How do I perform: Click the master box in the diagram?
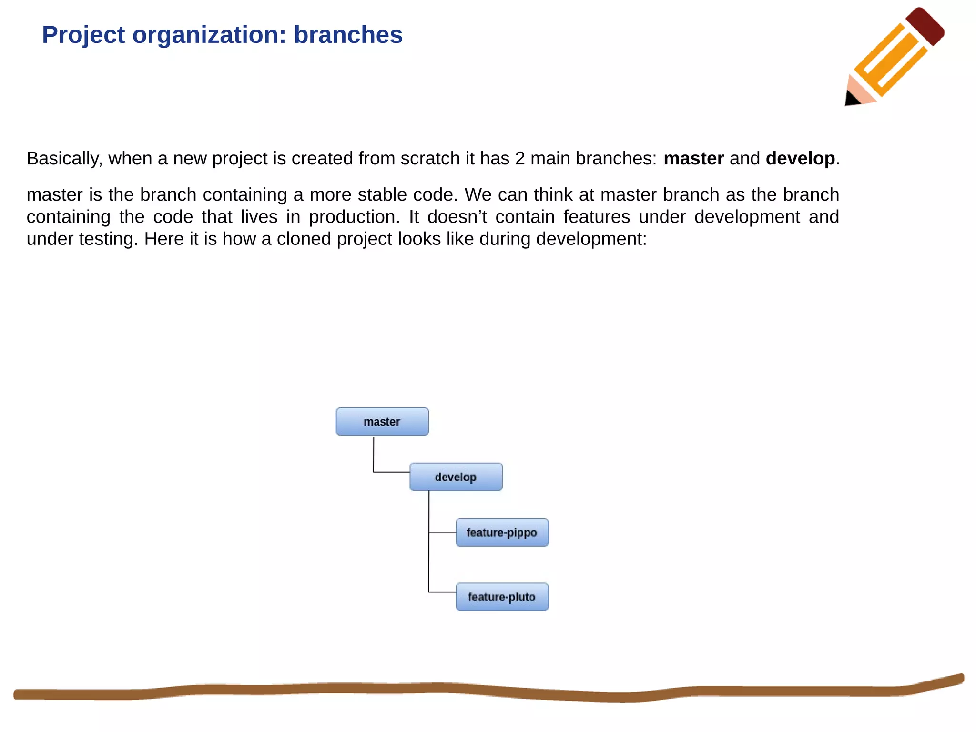pos(382,422)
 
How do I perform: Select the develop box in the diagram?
pos(456,477)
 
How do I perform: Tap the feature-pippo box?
pos(502,532)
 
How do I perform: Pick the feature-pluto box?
pos(502,597)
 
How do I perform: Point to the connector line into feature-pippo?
pos(442,532)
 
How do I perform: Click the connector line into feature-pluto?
pos(442,592)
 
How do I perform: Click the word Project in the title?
pos(83,35)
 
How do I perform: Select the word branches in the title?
pos(348,35)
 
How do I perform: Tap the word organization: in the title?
pos(209,35)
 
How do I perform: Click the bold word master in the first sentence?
pos(693,159)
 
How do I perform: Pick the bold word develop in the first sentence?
pos(800,159)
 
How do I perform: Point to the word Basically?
pos(64,159)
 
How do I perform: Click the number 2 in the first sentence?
pos(520,159)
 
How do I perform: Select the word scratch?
pos(430,159)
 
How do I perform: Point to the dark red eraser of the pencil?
pos(925,26)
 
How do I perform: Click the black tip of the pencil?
pos(852,99)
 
